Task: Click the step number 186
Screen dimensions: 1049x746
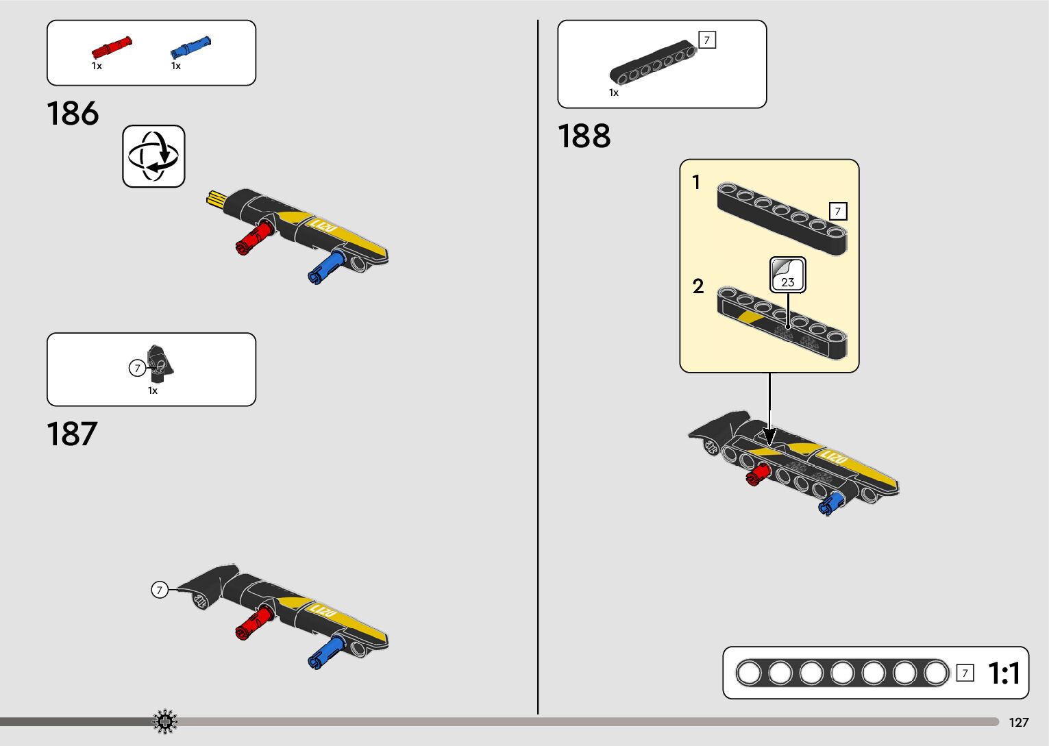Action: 73,114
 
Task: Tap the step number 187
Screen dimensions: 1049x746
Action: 72,434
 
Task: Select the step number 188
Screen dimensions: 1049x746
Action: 584,136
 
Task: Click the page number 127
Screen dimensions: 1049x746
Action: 1018,723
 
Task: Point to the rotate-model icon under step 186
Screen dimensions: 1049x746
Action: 153,156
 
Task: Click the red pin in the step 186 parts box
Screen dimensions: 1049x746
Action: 111,47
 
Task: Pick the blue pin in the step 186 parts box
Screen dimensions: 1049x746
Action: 190,47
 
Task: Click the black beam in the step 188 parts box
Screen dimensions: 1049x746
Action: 653,65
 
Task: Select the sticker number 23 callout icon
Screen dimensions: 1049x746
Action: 787,275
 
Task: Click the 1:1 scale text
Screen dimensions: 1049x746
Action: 1004,673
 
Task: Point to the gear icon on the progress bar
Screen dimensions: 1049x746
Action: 165,722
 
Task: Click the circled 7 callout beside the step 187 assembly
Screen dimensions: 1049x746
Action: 160,590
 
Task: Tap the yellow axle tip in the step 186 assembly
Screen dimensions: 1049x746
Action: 217,199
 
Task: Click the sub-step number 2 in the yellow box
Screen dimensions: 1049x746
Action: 698,286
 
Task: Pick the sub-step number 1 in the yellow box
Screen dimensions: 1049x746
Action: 696,182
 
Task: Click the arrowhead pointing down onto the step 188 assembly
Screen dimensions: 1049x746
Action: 769,436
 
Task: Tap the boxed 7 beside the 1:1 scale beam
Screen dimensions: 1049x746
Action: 965,673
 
